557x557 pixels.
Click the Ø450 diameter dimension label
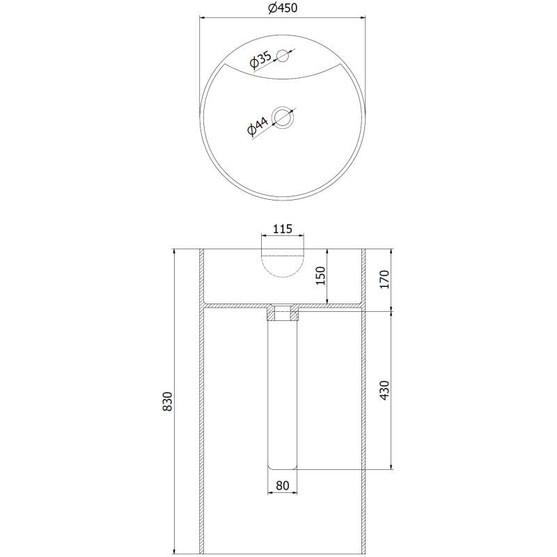(x=283, y=8)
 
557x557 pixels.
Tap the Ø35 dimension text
(x=260, y=59)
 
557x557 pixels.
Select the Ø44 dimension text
(x=258, y=125)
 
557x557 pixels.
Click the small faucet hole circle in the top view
(x=283, y=56)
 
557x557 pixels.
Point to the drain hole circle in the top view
(x=283, y=117)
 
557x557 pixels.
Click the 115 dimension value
(x=283, y=229)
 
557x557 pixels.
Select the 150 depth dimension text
(x=320, y=276)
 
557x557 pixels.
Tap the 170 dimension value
(x=384, y=279)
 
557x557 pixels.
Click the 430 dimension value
(x=384, y=390)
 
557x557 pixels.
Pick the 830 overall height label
(x=167, y=402)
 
